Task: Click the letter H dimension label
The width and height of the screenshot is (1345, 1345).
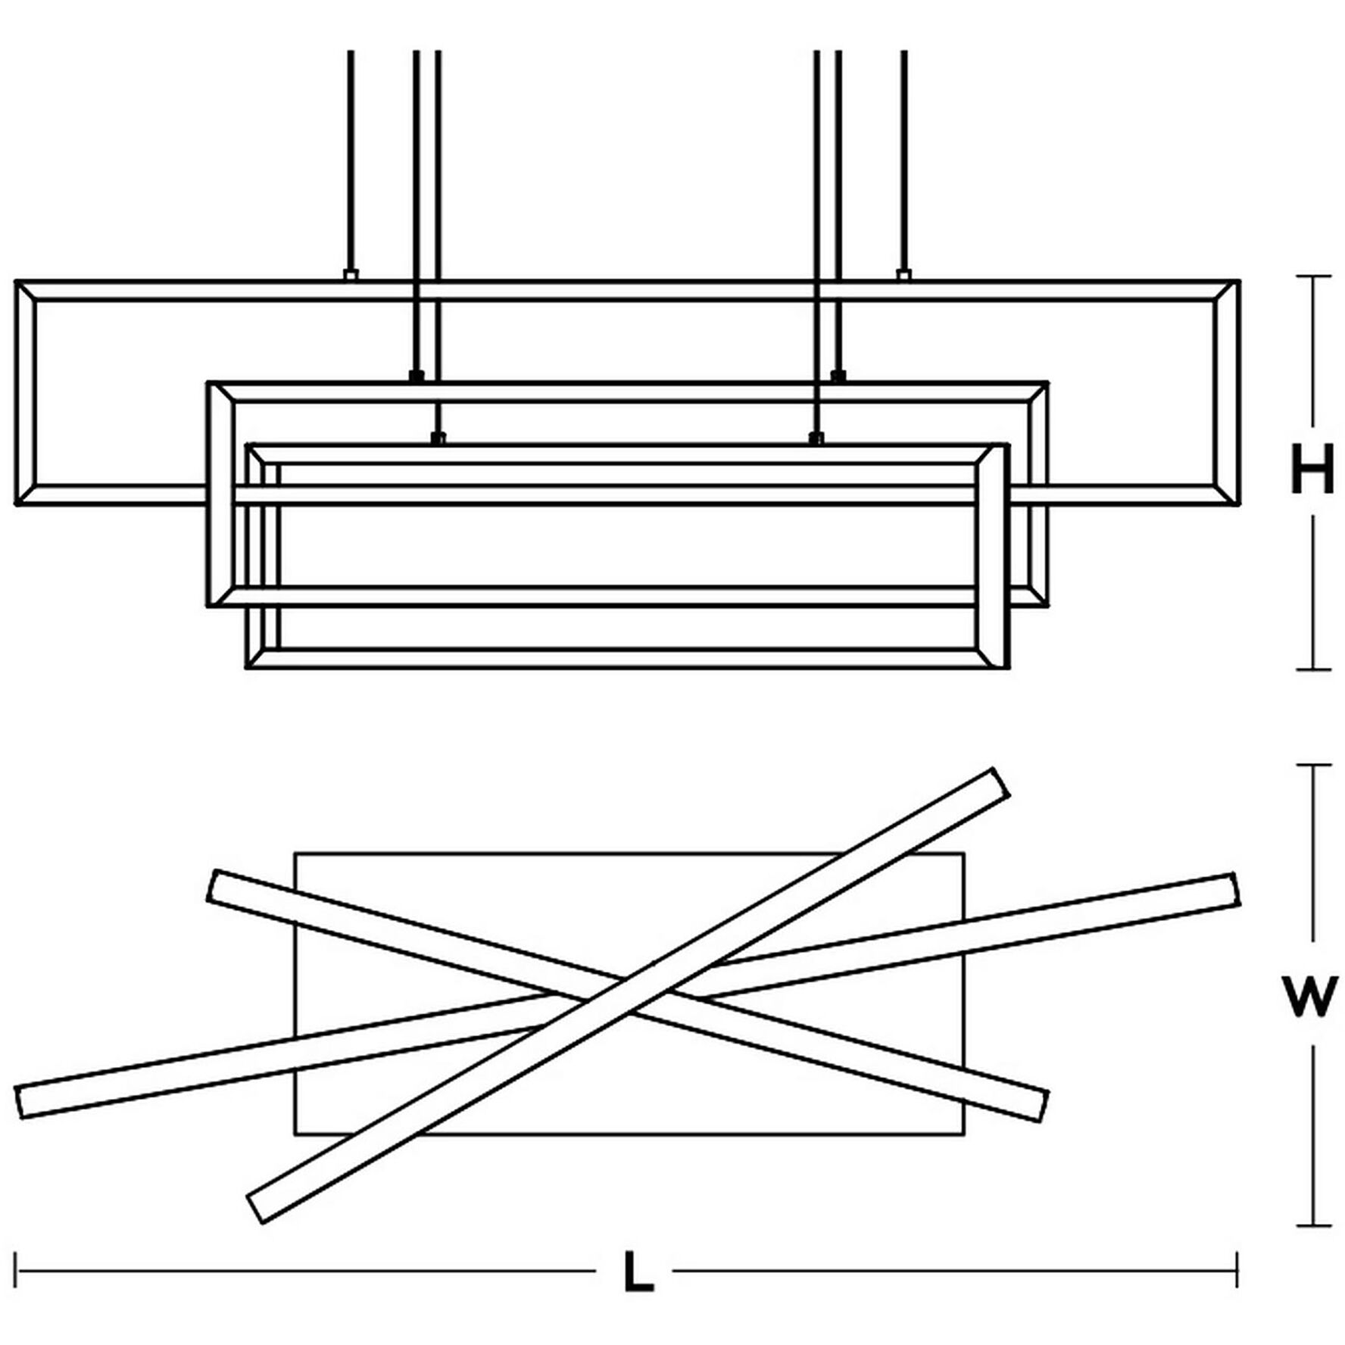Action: [1312, 470]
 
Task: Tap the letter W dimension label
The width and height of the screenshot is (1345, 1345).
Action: [1310, 997]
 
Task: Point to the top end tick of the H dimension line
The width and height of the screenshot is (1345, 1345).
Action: [1313, 276]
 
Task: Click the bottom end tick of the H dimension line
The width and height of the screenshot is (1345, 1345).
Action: [1313, 669]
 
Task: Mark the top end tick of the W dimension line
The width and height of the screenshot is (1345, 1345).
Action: [1313, 765]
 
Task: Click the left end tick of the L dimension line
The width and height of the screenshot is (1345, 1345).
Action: [16, 1270]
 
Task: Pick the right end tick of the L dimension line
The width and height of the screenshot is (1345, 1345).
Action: [1237, 1270]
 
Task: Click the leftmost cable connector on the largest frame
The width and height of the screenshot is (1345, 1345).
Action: [351, 275]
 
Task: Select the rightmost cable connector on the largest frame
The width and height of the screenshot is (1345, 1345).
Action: [903, 275]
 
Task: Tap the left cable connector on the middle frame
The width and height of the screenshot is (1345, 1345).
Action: [416, 376]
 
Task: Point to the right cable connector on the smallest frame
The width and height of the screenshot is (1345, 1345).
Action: [816, 438]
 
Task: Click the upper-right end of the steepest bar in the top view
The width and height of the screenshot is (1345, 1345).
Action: [1001, 782]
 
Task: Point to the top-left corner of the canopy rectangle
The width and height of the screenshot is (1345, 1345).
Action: [295, 853]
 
